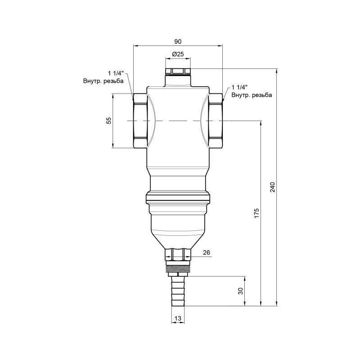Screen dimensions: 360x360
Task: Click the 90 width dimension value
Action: point(178,41)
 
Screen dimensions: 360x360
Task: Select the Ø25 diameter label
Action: point(178,54)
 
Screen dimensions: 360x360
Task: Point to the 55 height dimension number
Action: point(108,120)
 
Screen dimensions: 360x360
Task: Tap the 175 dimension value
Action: point(256,212)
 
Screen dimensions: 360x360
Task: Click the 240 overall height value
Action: point(272,187)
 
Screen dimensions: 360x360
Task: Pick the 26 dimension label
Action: point(207,253)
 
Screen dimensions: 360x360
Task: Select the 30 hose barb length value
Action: point(241,291)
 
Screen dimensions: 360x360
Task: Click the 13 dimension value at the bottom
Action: point(178,319)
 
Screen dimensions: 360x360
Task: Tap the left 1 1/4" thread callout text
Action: point(116,73)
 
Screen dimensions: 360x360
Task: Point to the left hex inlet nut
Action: point(139,121)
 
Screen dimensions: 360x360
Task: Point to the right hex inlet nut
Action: point(216,121)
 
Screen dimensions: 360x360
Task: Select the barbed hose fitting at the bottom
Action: point(178,292)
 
